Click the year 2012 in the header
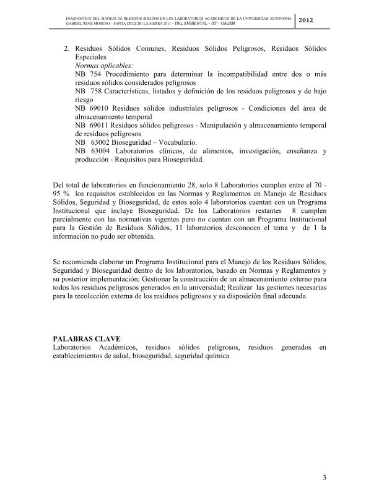tap(306, 22)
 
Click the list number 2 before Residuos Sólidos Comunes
tap(66, 48)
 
